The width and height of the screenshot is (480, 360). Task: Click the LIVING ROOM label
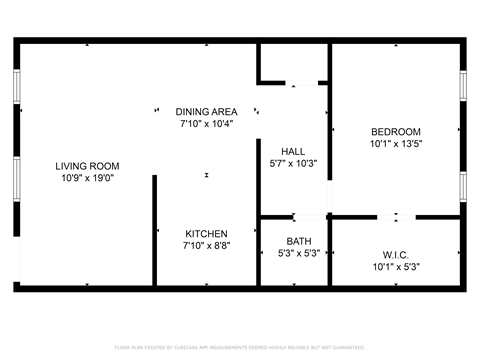(87, 166)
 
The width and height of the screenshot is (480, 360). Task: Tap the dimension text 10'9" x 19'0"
(87, 179)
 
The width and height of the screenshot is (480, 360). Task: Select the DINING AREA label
(206, 111)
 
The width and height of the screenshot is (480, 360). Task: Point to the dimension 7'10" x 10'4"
(206, 124)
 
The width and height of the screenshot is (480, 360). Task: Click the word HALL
(293, 151)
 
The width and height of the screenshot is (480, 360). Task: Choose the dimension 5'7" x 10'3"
(293, 164)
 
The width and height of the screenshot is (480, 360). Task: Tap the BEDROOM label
(396, 132)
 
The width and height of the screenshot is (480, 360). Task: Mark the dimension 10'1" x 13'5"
(396, 144)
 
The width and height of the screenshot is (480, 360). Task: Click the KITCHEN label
(206, 233)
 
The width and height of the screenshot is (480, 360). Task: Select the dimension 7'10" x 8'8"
(206, 246)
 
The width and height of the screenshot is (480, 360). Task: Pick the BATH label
(298, 241)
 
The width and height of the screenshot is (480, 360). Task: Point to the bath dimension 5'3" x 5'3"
(298, 254)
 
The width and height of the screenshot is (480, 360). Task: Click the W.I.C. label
(396, 255)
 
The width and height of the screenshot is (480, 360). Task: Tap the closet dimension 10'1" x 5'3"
(396, 267)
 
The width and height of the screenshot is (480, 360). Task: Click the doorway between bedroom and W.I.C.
(397, 216)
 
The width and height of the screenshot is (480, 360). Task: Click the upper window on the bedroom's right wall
(463, 86)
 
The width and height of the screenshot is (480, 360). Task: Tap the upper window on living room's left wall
(16, 87)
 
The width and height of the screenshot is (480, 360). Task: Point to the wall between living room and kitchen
(154, 230)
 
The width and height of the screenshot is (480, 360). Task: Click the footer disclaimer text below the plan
(240, 347)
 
